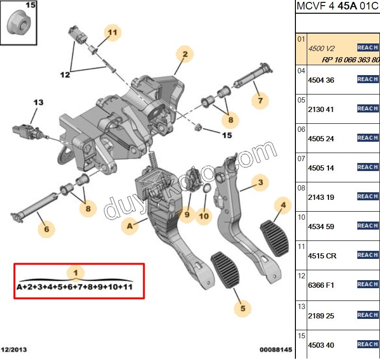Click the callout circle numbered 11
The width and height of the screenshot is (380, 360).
pos(112,33)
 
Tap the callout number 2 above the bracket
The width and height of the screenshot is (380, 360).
pos(185,54)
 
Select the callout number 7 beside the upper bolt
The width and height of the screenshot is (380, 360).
pos(260,100)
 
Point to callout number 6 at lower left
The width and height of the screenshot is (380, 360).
pos(46,229)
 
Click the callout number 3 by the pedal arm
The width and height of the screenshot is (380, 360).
pos(260,182)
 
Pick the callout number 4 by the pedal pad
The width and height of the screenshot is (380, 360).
pos(283,205)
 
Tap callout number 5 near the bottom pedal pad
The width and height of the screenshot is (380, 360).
pos(242,309)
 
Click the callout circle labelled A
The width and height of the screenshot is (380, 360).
pos(130,226)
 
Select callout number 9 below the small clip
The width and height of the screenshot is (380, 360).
pos(187,214)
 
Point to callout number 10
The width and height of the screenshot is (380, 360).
pos(203,216)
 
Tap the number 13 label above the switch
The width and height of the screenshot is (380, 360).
pos(38,102)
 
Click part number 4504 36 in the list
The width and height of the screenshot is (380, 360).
pos(321,80)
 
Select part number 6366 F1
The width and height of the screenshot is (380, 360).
pos(321,285)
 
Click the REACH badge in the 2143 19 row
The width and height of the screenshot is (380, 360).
pos(368,197)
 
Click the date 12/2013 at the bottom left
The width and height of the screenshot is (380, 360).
pos(14,350)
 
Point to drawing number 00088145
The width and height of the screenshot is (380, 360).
pos(276,350)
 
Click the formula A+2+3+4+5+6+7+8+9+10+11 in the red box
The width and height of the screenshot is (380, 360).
pos(75,287)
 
